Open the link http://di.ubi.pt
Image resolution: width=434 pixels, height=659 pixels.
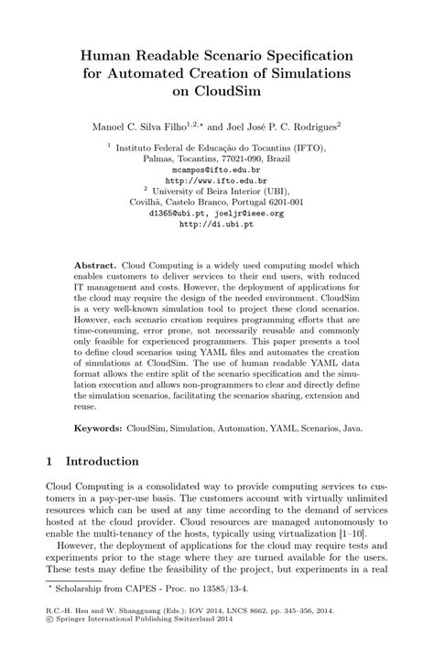(216, 224)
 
